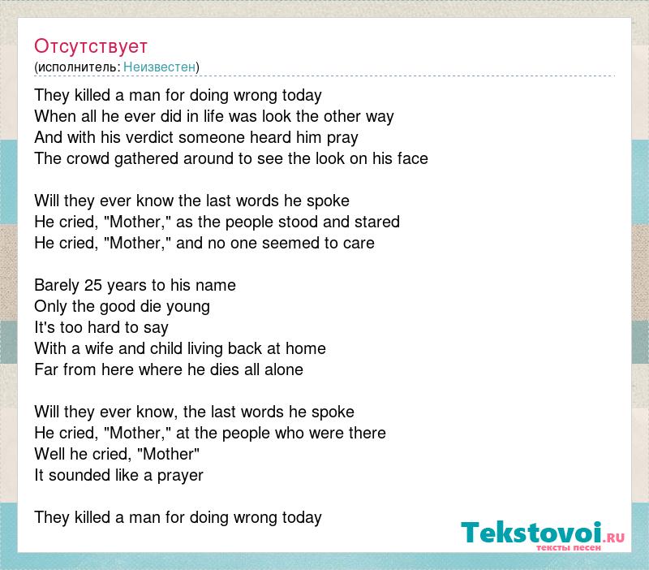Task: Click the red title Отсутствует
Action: (x=91, y=46)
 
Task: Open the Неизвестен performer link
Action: (x=159, y=67)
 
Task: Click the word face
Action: (x=413, y=158)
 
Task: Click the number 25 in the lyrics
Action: (x=93, y=285)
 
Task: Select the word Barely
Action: (x=57, y=286)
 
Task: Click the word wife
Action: (x=99, y=348)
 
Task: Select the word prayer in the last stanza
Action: (x=180, y=476)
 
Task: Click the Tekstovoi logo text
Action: (x=531, y=533)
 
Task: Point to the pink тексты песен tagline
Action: (x=569, y=547)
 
